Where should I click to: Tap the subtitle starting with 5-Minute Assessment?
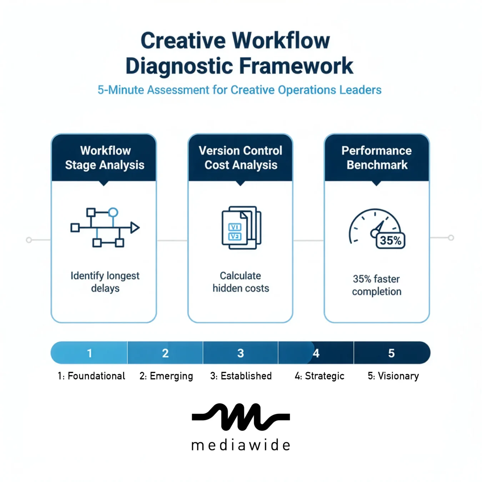coord(240,90)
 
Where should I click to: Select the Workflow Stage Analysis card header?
coord(104,158)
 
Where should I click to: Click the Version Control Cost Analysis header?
coord(240,158)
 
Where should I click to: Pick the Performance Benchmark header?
coord(377,158)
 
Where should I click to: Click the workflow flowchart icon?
coord(104,228)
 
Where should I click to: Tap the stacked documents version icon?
coord(241,228)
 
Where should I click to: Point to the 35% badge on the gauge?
coord(390,241)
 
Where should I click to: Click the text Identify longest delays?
coord(105,282)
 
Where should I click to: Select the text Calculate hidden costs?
coord(241,282)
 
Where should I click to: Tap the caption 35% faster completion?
coord(376,285)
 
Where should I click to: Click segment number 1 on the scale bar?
coord(90,353)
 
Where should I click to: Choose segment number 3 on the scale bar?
coord(241,353)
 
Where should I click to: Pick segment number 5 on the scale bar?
coord(391,353)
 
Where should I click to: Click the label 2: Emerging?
coord(166,376)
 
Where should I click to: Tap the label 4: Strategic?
coord(319,376)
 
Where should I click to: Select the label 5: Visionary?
coord(393,376)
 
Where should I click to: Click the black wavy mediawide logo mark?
coord(241,417)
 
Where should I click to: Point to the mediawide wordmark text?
coord(241,445)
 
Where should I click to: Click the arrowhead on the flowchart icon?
coord(135,227)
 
